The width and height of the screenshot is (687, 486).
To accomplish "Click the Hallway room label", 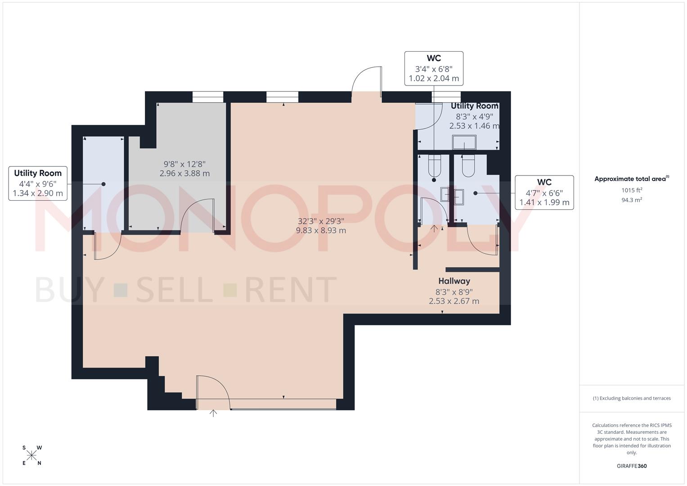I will pos(454,281).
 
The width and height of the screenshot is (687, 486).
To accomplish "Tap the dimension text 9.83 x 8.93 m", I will pos(321,230).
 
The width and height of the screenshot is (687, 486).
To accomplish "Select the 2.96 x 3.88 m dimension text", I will pos(184,173).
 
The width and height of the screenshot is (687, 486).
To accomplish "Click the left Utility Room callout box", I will pos(38,183).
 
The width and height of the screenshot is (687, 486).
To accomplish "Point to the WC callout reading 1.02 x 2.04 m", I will pos(434,68).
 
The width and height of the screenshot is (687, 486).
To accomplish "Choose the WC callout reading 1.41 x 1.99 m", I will pos(544,193).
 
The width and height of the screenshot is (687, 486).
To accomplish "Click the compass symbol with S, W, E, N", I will pos(32,455).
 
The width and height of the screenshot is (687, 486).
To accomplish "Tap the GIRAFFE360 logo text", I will pos(631,466).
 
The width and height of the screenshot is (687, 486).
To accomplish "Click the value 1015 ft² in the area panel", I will pos(631,190).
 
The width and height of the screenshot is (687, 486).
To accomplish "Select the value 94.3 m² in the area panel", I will pos(631,200).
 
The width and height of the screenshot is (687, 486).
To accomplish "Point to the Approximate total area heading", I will pos(631,179).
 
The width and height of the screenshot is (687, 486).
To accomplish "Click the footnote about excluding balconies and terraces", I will pos(631,398).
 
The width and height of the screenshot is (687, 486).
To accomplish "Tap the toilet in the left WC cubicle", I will pos(434,166).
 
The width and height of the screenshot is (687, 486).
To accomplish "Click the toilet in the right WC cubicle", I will pos(468,166).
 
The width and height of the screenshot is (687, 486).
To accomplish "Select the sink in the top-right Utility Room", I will pos(464,142).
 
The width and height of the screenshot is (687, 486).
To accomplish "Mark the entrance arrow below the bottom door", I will pos(213,413).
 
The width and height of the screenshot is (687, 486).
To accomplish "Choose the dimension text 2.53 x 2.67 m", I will pos(454,301).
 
